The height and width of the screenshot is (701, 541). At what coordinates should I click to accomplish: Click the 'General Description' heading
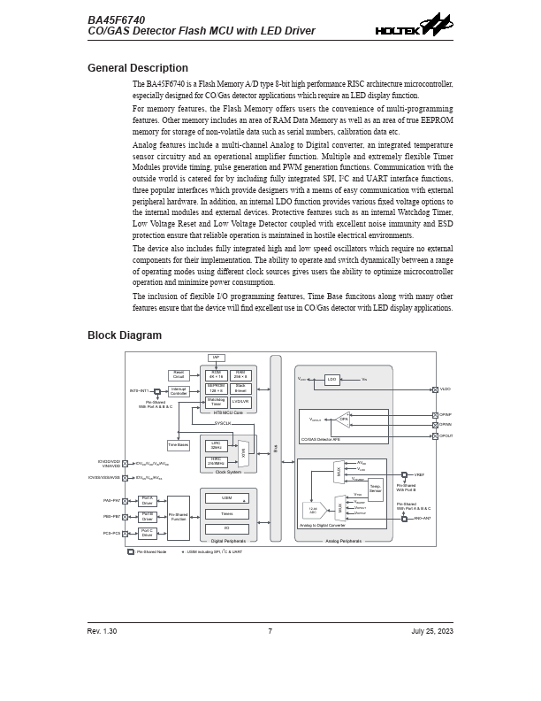(138, 68)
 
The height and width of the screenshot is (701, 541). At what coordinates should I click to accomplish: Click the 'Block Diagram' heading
(125, 335)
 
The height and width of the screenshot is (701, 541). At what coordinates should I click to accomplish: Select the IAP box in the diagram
(217, 358)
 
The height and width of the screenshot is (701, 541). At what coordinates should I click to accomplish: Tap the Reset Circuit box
(179, 375)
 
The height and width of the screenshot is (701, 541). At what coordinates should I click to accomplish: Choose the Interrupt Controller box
(179, 391)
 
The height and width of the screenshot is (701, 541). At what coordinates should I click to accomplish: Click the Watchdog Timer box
(217, 402)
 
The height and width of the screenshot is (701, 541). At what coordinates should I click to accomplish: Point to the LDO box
(331, 379)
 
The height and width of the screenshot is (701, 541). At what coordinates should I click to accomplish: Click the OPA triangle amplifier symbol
(343, 420)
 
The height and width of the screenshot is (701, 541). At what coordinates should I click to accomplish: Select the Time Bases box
(179, 445)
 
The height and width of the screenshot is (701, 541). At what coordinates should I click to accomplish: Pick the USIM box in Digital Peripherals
(228, 498)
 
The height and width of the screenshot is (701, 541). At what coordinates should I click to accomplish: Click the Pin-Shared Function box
(179, 516)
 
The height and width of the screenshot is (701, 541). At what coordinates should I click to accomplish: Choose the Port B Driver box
(148, 517)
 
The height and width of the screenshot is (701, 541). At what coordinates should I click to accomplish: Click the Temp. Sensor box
(376, 487)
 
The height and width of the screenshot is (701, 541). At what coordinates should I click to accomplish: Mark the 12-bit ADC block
(314, 509)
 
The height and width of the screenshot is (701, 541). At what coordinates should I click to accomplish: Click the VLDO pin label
(446, 389)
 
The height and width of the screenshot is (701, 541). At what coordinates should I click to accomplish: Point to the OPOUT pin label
(446, 435)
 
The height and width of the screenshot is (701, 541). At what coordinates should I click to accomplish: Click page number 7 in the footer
(270, 631)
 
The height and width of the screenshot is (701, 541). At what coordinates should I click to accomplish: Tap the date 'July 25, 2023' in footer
(432, 631)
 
